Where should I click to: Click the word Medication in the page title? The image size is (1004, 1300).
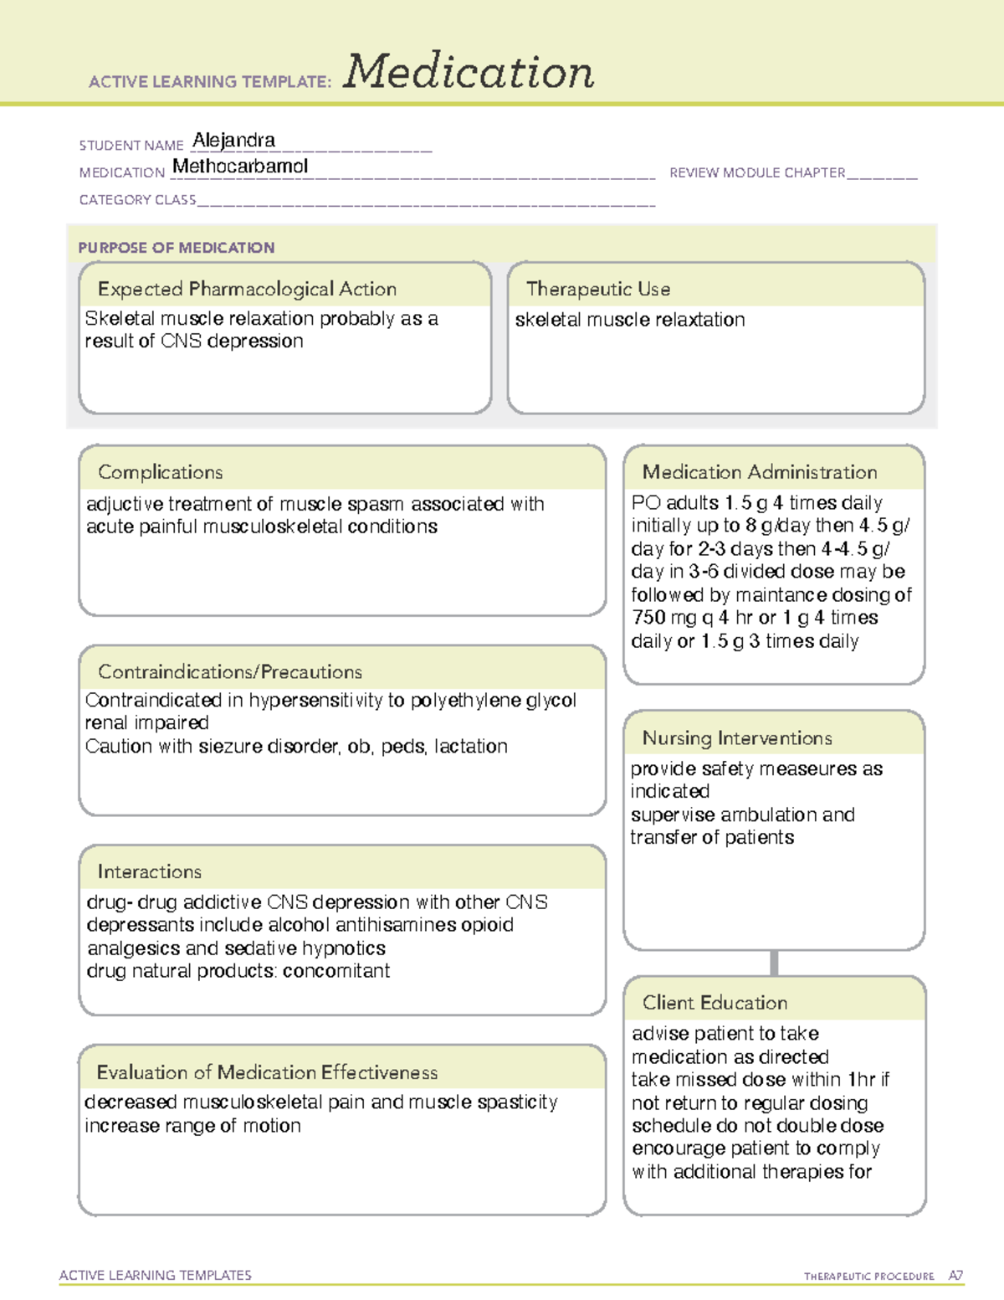tap(469, 72)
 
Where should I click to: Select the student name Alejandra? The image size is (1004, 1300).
tap(233, 140)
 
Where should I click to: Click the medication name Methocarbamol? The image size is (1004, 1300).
tap(240, 167)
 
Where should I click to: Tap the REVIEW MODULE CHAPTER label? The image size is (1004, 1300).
tap(757, 172)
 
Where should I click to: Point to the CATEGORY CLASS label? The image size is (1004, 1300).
tap(137, 200)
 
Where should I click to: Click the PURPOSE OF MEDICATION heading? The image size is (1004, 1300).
tap(177, 248)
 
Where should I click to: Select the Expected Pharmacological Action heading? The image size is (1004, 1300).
tap(247, 289)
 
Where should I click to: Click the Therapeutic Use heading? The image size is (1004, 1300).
tap(598, 289)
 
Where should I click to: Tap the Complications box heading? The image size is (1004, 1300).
tap(161, 472)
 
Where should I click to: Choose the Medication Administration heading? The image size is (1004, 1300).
tap(760, 472)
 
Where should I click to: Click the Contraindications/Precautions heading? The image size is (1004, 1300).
tap(230, 672)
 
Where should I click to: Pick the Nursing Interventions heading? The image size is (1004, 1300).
tap(737, 738)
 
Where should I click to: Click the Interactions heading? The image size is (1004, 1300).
tap(150, 872)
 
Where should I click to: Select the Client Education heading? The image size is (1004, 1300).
tap(715, 1003)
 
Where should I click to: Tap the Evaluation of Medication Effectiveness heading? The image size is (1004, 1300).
tap(267, 1072)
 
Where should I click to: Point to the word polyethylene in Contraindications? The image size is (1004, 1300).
tap(465, 701)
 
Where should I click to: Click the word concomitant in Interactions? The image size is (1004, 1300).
tap(336, 971)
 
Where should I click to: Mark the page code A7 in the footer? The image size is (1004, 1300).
tap(955, 1276)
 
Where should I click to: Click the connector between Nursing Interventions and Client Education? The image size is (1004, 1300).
tap(774, 963)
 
